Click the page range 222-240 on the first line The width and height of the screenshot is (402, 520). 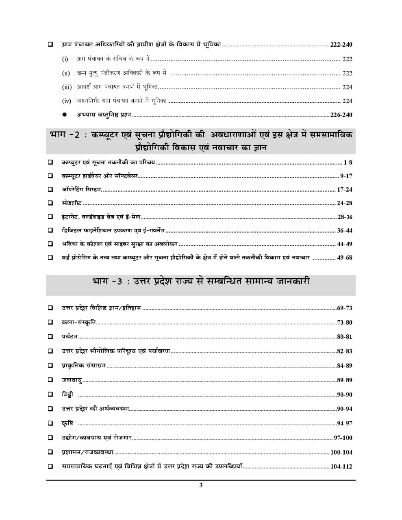(341, 45)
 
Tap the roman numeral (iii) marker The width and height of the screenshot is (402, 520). (67, 87)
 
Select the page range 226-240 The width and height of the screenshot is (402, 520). (341, 115)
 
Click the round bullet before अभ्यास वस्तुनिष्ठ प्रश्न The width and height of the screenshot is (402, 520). (64, 115)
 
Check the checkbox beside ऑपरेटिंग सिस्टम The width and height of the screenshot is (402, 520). (50, 189)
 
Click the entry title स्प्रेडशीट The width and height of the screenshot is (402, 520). (72, 203)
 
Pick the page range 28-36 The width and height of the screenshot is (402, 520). (345, 217)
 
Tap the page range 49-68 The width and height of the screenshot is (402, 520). (345, 258)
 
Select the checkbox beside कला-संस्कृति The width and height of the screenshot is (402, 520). (50, 322)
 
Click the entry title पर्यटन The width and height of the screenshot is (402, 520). (70, 337)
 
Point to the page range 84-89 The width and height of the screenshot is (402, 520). (345, 366)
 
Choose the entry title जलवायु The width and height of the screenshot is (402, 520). (72, 380)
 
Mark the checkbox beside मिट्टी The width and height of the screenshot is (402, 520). (50, 394)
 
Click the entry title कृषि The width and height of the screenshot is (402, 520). (67, 423)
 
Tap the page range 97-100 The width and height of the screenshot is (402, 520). (343, 438)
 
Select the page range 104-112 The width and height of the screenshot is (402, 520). (341, 467)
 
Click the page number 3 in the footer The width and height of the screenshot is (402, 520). (201, 485)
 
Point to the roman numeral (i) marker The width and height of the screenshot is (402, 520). (65, 59)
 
